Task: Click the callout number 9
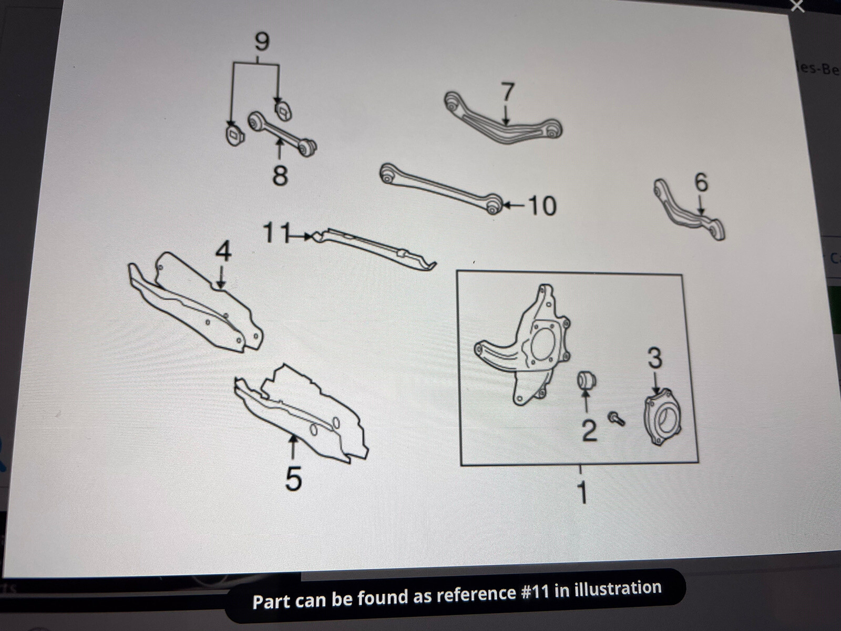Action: [261, 42]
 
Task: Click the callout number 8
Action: [280, 175]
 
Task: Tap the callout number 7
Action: [507, 92]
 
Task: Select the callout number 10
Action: [542, 206]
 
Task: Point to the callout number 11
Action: [275, 233]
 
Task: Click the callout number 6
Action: [701, 182]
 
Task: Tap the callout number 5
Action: [293, 479]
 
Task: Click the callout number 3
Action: [654, 358]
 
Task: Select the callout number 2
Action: [589, 430]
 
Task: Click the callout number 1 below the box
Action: [581, 493]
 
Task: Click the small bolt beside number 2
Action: [617, 419]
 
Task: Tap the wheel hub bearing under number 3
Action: [662, 418]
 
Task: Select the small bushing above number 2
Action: [586, 380]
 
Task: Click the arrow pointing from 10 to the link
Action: [513, 205]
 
